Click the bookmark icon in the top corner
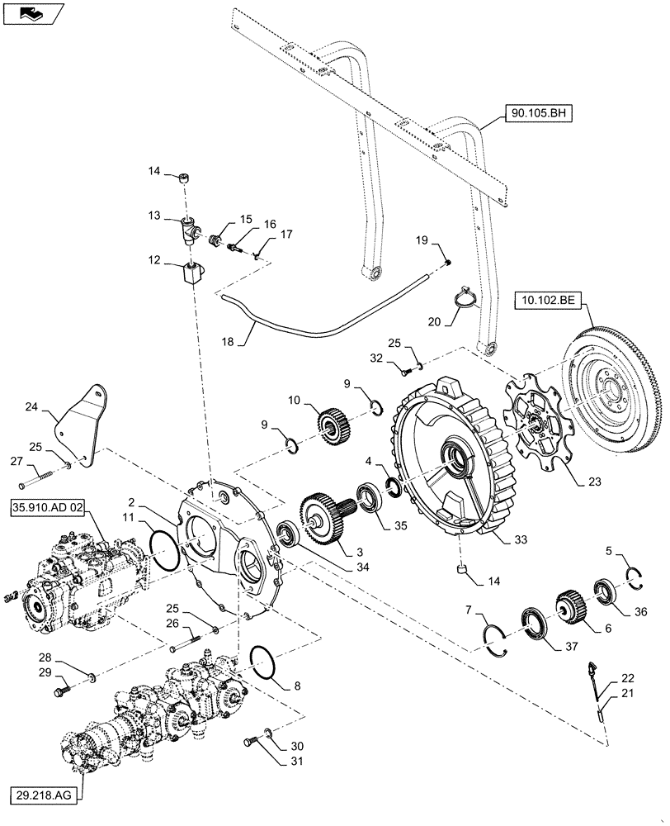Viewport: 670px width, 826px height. [x=32, y=12]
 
